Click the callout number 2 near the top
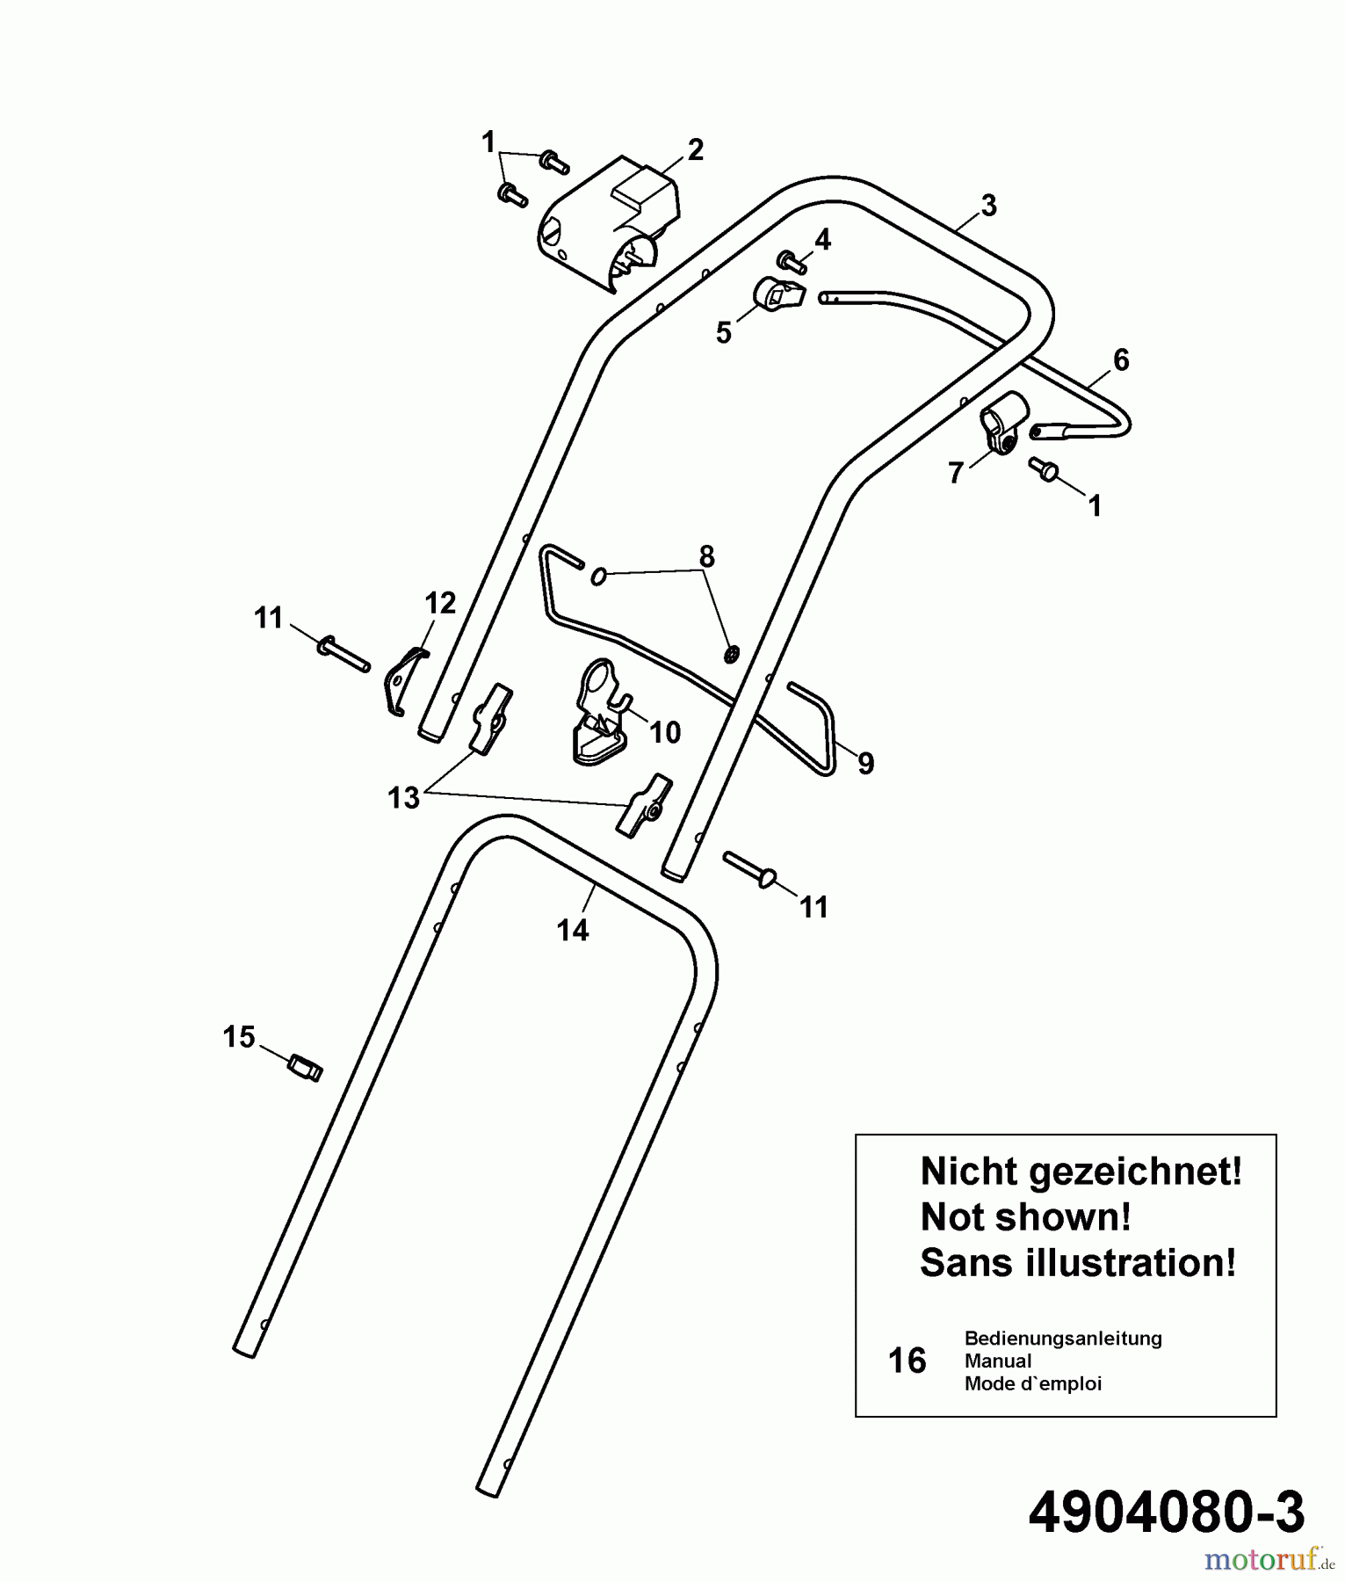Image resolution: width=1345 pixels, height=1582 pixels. pyautogui.click(x=695, y=150)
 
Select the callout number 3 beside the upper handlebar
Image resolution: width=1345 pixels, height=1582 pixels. pyautogui.click(x=988, y=206)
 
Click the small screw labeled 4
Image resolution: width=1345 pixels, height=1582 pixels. pyautogui.click(x=792, y=261)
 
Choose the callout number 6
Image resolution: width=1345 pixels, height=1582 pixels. pyautogui.click(x=1120, y=359)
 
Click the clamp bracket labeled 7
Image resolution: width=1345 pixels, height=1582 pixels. pyautogui.click(x=1002, y=423)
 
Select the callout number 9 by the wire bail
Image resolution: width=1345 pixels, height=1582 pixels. pyautogui.click(x=865, y=764)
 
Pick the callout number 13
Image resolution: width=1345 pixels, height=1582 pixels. pyautogui.click(x=403, y=798)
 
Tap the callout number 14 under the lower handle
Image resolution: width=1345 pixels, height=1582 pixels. pyautogui.click(x=573, y=930)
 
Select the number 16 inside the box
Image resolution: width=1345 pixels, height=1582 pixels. pyautogui.click(x=907, y=1361)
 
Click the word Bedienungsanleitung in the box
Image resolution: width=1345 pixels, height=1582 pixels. pyautogui.click(x=1063, y=1339)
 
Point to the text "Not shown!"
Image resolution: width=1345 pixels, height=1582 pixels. pyautogui.click(x=1025, y=1217)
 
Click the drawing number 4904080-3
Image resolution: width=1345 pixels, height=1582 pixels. pyautogui.click(x=1166, y=1513)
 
